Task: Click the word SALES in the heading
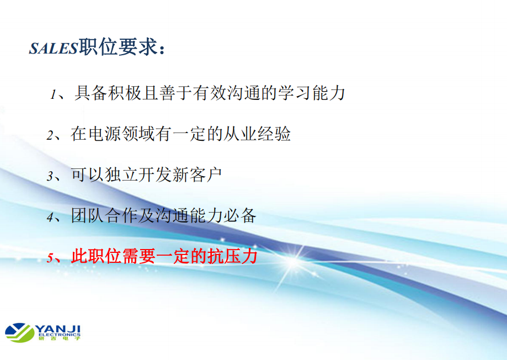(54, 48)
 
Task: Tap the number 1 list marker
(53, 94)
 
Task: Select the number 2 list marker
(50, 135)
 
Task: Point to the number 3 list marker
(50, 176)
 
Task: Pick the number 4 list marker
(50, 217)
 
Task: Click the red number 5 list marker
(50, 258)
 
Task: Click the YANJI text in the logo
(57, 329)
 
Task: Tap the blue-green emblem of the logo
(20, 332)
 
